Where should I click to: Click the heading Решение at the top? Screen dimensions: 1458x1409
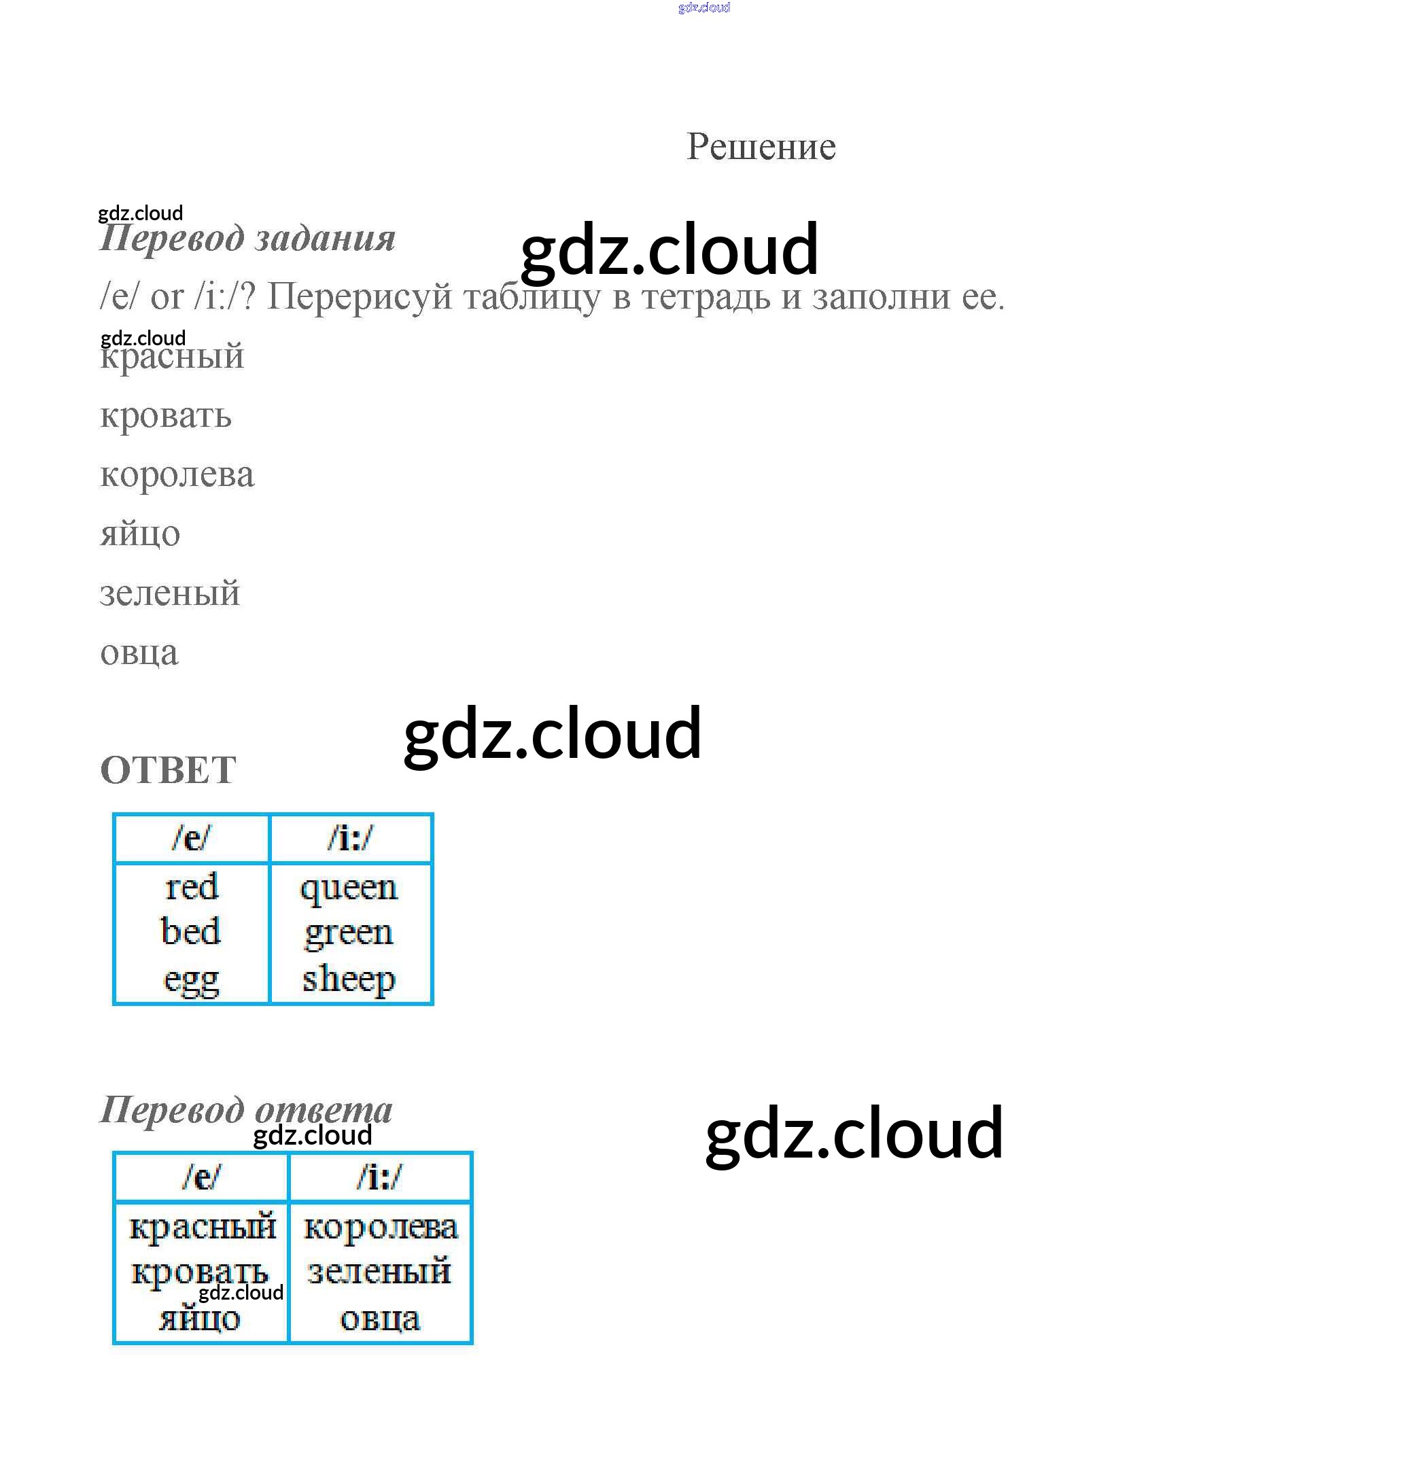[x=761, y=147]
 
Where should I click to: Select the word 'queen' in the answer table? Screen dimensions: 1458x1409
[x=349, y=888]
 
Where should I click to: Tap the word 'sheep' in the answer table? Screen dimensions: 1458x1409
[x=349, y=979]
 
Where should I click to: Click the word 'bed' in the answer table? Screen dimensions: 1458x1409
[x=191, y=931]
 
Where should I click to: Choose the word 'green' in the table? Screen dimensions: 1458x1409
[x=349, y=933]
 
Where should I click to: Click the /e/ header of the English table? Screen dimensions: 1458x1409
[x=191, y=838]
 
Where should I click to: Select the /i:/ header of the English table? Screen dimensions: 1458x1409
[x=351, y=838]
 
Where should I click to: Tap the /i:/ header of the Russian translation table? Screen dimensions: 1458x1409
[x=379, y=1177]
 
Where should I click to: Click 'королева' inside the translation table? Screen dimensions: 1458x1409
[x=380, y=1227]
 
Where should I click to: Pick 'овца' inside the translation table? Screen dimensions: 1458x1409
[x=380, y=1319]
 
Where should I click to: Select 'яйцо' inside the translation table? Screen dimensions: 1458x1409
[x=199, y=1319]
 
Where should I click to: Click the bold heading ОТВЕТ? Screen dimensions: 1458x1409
[x=168, y=770]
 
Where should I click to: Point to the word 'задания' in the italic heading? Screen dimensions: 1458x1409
[x=325, y=239]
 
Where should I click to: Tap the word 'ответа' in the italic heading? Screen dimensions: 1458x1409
[x=323, y=1110]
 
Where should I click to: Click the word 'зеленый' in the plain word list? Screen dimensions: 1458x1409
[x=171, y=593]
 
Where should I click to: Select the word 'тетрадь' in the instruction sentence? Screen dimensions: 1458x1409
[x=706, y=298]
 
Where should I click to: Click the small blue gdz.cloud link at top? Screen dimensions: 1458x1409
[x=703, y=7]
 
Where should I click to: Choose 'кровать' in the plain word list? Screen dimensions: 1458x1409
[x=166, y=415]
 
